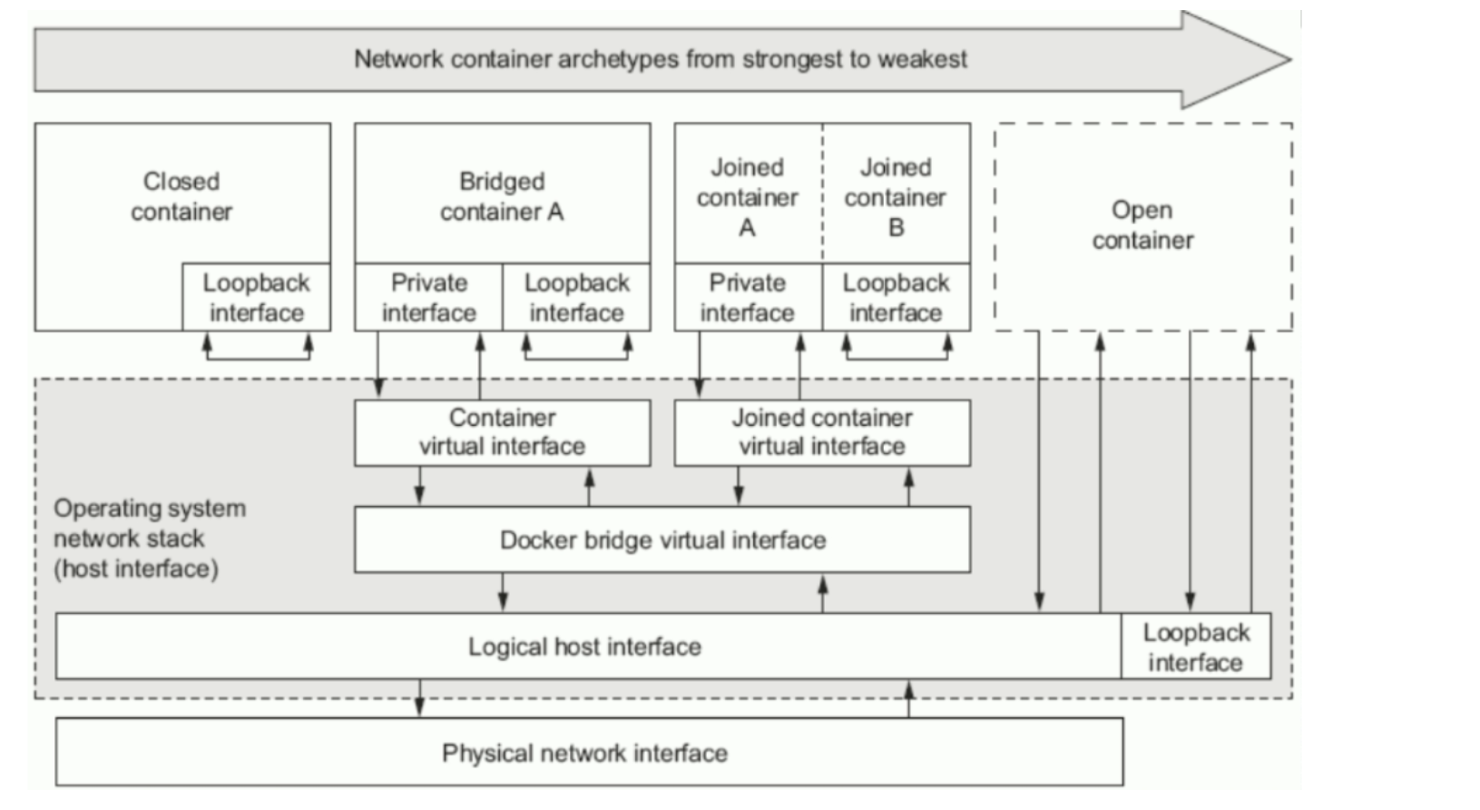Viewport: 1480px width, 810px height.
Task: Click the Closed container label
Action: (181, 196)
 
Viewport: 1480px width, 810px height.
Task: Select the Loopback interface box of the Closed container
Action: (257, 297)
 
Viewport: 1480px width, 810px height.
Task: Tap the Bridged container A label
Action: (502, 196)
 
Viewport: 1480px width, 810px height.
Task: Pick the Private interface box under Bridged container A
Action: (429, 297)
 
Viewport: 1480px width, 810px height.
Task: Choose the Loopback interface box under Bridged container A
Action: (576, 297)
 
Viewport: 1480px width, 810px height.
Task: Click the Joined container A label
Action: (748, 197)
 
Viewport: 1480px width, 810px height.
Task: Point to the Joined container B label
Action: (896, 197)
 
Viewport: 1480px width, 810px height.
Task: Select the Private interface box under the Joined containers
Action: (749, 297)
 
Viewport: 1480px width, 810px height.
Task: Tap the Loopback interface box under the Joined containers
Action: (897, 297)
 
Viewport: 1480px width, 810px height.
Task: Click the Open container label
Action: (1142, 225)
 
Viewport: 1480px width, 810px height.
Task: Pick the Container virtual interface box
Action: (502, 432)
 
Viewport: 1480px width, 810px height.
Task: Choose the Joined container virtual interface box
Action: (823, 432)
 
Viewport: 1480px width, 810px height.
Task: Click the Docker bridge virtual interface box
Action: (662, 539)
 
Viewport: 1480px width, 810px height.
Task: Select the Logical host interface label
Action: (584, 647)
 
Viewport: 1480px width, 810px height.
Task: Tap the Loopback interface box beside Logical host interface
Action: (1196, 646)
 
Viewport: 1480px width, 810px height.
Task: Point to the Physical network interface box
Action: (589, 752)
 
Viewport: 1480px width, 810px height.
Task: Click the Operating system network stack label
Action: (150, 538)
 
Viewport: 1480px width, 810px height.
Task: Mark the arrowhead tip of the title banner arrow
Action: (1291, 60)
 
